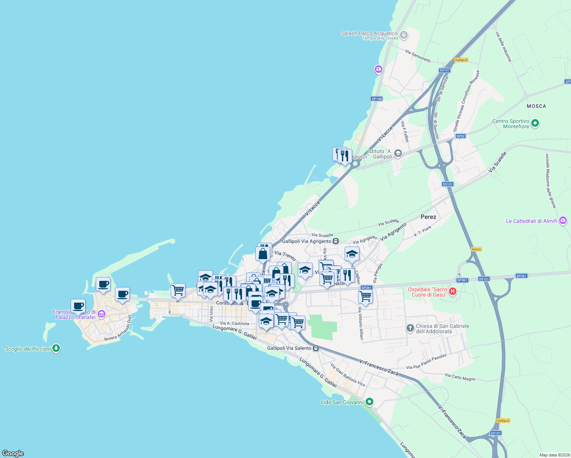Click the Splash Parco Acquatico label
click(369, 33)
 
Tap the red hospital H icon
click(452, 292)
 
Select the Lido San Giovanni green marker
click(369, 402)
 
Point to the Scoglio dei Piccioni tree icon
click(56, 348)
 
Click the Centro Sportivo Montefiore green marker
click(535, 123)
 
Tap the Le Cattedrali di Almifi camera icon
click(563, 221)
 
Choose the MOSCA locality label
click(536, 106)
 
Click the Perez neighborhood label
click(428, 217)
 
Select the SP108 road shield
click(376, 99)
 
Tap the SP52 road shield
click(461, 136)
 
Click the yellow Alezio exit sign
click(476, 249)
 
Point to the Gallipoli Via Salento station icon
click(316, 348)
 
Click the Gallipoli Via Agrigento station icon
click(336, 241)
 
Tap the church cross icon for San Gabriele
click(410, 328)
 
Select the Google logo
click(13, 453)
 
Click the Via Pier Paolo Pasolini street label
click(426, 362)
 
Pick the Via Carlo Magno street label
click(460, 377)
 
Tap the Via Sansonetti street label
click(418, 56)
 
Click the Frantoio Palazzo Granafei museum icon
click(101, 314)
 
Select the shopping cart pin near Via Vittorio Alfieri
click(365, 296)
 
